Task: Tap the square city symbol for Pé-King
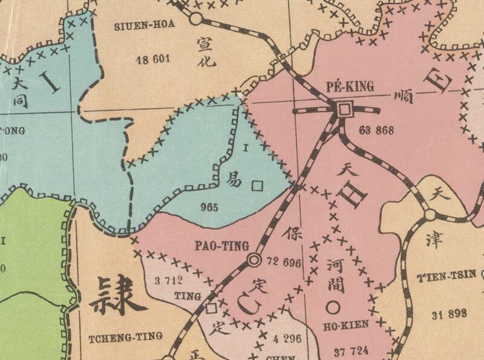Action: (x=344, y=110)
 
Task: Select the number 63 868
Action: (x=376, y=130)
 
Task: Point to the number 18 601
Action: (x=154, y=59)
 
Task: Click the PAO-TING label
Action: (x=221, y=246)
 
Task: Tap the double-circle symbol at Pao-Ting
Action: (x=254, y=260)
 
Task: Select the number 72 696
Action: (x=283, y=262)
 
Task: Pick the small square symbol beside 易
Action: (x=257, y=186)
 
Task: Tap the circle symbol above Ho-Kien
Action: (x=332, y=307)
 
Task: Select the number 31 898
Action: (x=451, y=313)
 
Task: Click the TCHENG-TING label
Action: (x=125, y=336)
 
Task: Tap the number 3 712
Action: (x=169, y=280)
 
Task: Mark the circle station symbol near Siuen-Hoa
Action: (x=195, y=19)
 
